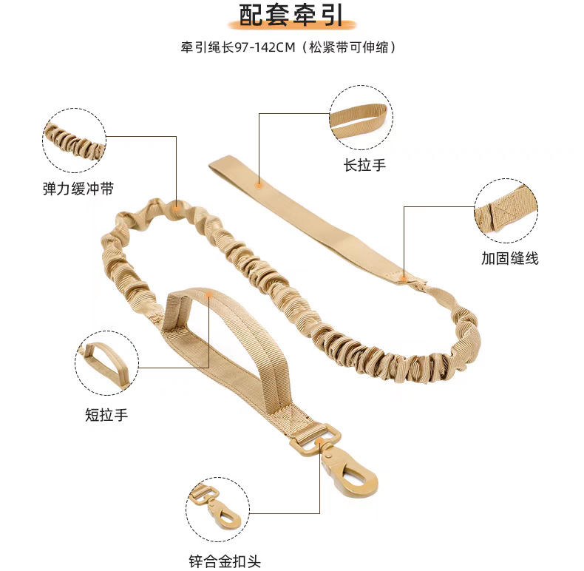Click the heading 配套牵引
click(292, 16)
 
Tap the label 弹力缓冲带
click(78, 189)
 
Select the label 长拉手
click(364, 164)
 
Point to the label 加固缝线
click(510, 258)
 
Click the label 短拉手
click(106, 415)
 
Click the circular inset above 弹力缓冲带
click(74, 141)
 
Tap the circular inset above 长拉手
click(361, 118)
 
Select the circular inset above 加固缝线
click(506, 212)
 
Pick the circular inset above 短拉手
click(107, 363)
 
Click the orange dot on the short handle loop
click(210, 296)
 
